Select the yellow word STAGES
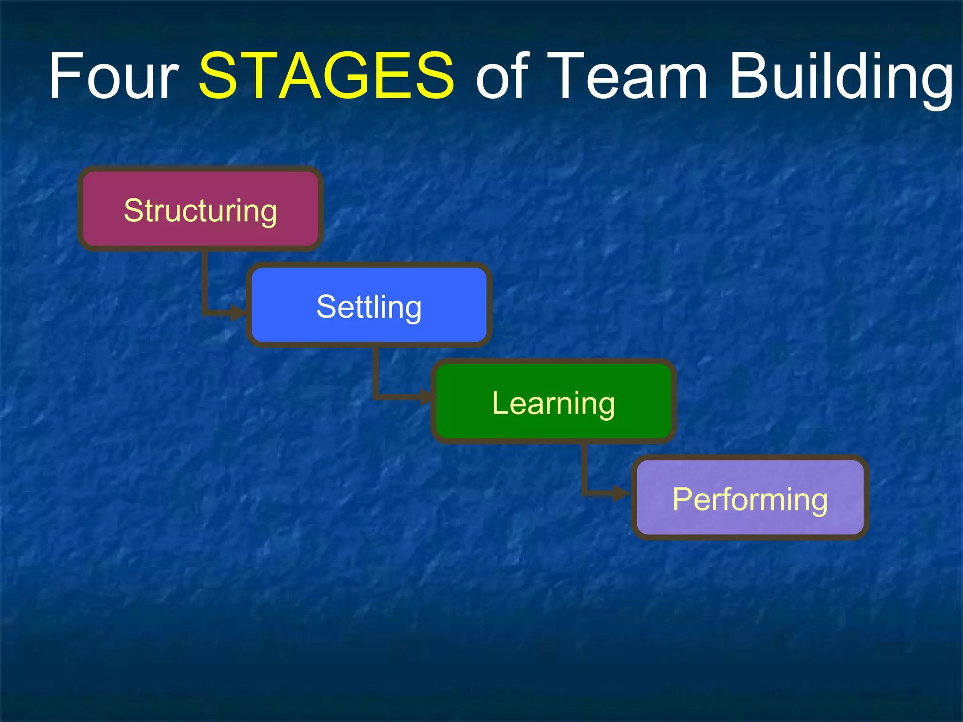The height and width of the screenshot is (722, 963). coord(326,76)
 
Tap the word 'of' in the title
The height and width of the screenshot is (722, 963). coord(502,76)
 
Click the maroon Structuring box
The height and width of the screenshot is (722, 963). coord(200,208)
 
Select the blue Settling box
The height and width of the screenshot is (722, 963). coord(369,305)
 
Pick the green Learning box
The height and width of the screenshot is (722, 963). coord(553,401)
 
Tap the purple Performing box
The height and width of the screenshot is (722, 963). coord(750,497)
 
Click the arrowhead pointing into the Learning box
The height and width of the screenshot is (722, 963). coord(426,397)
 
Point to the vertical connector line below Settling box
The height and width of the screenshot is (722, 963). coord(376,371)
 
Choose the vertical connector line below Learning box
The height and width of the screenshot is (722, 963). coord(584,468)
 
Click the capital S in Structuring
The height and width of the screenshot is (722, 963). coord(133,210)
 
